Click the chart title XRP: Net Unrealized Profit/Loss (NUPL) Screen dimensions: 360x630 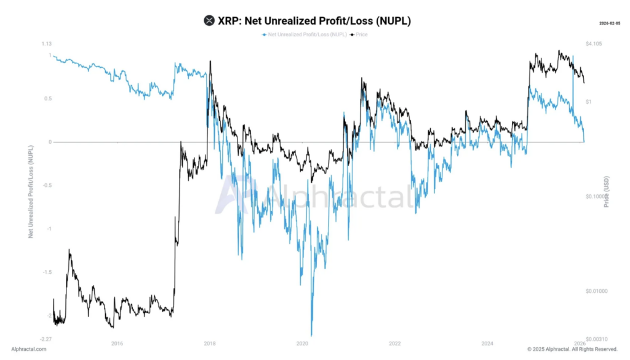314,21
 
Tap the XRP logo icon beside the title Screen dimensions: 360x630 209,21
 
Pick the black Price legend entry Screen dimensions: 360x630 359,34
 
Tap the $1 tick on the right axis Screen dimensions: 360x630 589,102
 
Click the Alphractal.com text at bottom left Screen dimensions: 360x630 29,349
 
